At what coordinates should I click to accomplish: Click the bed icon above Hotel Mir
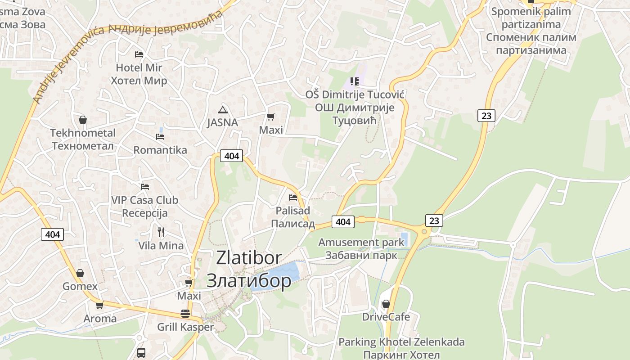[139, 54]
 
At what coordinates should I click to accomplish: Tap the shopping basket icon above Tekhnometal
[83, 120]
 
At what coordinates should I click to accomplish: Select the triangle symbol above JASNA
[222, 109]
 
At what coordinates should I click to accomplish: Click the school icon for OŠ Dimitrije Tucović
[355, 81]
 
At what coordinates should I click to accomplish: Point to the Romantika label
[160, 150]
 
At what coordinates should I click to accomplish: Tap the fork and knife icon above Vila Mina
[161, 232]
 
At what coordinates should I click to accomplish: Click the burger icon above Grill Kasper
[185, 314]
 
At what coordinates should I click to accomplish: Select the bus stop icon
[141, 352]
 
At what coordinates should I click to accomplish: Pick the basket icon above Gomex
[80, 273]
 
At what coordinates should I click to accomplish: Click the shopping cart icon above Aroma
[100, 305]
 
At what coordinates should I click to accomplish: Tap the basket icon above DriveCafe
[386, 304]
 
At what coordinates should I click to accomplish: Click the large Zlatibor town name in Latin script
[249, 258]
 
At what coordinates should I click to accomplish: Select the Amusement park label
[361, 243]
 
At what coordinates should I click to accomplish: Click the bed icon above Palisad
[293, 197]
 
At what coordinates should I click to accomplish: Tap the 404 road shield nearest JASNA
[231, 156]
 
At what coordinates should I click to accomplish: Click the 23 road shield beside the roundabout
[434, 220]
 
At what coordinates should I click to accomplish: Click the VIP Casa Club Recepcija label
[145, 207]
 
